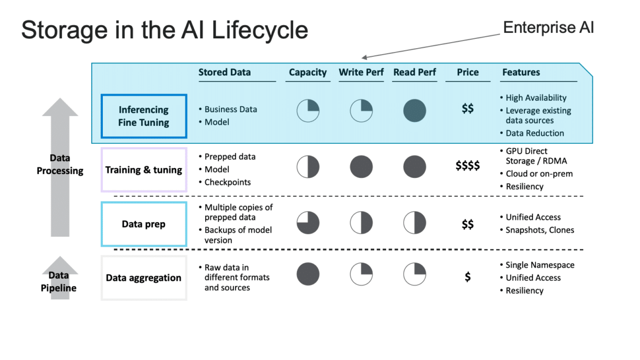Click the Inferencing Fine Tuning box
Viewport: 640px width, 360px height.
[144, 117]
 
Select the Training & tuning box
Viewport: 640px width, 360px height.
[144, 170]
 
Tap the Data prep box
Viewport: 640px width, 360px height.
[144, 224]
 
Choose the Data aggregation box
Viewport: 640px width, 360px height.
[144, 278]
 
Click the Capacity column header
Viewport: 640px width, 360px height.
[308, 73]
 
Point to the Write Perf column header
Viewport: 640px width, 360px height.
[361, 72]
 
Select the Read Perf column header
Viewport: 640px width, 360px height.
[415, 72]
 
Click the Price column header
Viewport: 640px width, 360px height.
[468, 72]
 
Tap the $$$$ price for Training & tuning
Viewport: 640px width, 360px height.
[468, 165]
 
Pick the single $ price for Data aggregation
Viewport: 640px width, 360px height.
[468, 277]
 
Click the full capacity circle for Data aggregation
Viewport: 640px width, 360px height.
[308, 274]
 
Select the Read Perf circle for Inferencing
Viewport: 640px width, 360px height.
[415, 111]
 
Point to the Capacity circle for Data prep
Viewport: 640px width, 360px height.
[308, 223]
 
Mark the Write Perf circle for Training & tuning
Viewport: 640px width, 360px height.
[361, 166]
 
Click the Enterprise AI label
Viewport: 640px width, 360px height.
[548, 28]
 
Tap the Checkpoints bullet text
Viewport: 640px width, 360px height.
[228, 182]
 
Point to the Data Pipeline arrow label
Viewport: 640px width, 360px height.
[59, 282]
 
